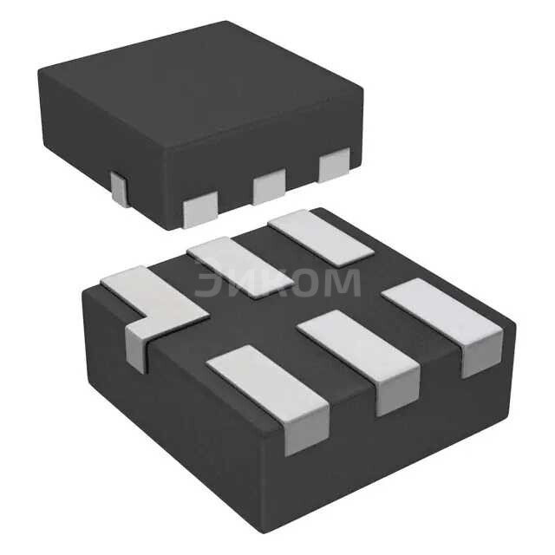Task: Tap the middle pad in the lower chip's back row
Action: tap(240, 265)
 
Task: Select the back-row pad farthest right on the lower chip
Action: tap(320, 237)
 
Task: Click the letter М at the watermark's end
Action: tap(340, 283)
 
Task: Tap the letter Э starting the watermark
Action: tap(206, 283)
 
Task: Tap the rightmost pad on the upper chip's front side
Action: tap(334, 165)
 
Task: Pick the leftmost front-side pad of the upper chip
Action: tap(200, 209)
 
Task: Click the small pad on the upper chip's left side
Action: tap(120, 189)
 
